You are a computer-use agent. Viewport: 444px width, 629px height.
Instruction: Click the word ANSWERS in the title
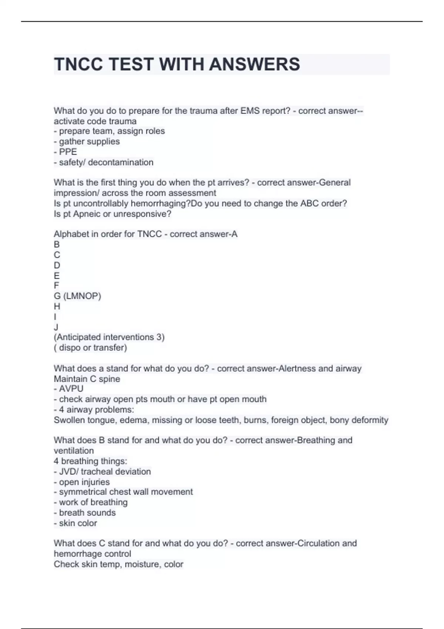click(x=255, y=64)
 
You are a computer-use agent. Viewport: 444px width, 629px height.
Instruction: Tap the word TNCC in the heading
click(x=78, y=64)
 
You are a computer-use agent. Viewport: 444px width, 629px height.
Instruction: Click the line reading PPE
click(x=68, y=152)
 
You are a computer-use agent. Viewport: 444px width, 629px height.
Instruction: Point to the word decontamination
click(x=121, y=162)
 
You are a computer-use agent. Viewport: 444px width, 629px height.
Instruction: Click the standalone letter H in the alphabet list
click(x=57, y=306)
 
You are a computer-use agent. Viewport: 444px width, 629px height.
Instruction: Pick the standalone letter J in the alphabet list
click(x=56, y=327)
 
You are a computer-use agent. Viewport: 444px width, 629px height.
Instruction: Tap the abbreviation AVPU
click(x=71, y=388)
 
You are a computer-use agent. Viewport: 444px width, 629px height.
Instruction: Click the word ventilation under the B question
click(x=74, y=451)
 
